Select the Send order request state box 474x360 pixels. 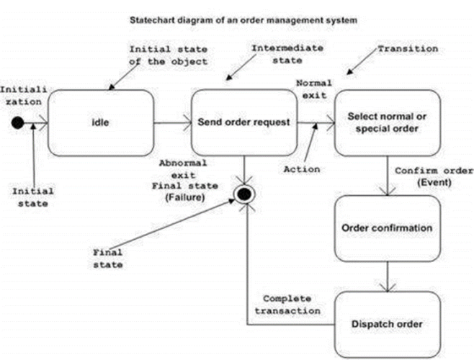click(244, 122)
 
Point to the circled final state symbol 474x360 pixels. click(244, 195)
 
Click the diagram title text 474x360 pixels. click(242, 21)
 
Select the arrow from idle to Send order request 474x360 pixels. click(172, 123)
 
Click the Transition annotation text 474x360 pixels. click(407, 49)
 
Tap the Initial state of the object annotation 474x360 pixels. click(168, 55)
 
